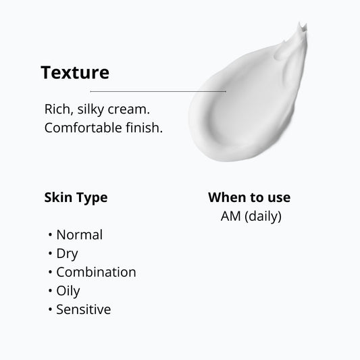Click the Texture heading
pyautogui.click(x=74, y=72)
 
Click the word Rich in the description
pyautogui.click(x=57, y=109)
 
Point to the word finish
pyautogui.click(x=143, y=127)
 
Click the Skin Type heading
pyautogui.click(x=76, y=198)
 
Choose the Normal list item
pyautogui.click(x=79, y=235)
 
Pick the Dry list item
pyautogui.click(x=67, y=254)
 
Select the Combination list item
pyautogui.click(x=96, y=272)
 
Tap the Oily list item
pyautogui.click(x=68, y=291)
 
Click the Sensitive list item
pyautogui.click(x=83, y=309)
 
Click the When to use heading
pyautogui.click(x=249, y=198)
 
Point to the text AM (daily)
pyautogui.click(x=251, y=217)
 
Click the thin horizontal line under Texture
pyautogui.click(x=158, y=91)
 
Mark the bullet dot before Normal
pyautogui.click(x=51, y=236)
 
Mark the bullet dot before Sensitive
pyautogui.click(x=51, y=310)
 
